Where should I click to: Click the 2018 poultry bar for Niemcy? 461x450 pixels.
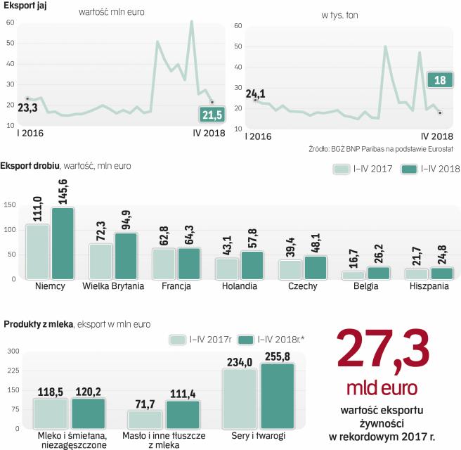coord(62,243)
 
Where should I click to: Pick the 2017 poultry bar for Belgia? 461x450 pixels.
coord(354,275)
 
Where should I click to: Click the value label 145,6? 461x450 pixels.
coord(63,190)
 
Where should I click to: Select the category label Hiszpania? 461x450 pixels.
coord(429,287)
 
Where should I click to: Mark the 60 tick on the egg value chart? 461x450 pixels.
coord(10,22)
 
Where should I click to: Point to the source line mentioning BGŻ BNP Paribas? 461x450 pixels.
coord(380,149)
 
